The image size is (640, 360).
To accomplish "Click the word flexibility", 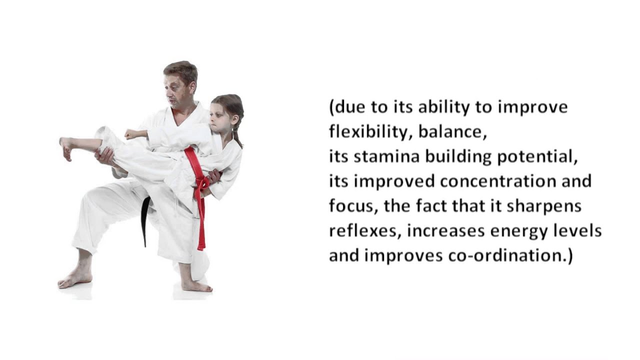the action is pyautogui.click(x=370, y=132).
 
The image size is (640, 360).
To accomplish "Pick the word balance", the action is pyautogui.click(x=452, y=132).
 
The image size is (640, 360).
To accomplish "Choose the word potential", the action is pyautogui.click(x=537, y=157).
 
